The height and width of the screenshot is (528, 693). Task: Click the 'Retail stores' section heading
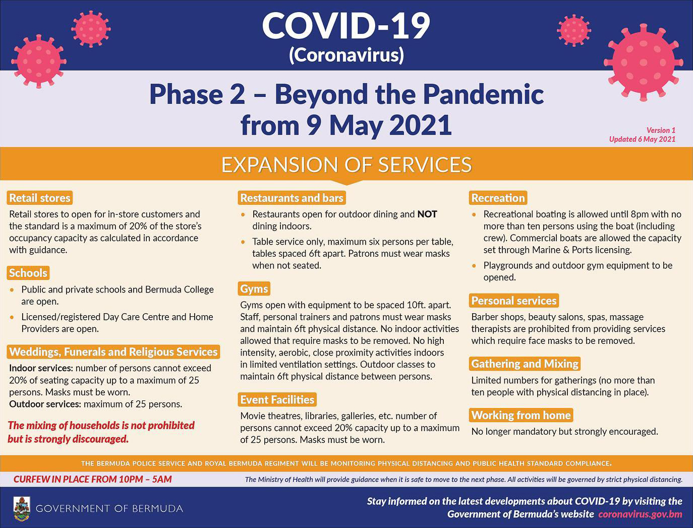coord(40,198)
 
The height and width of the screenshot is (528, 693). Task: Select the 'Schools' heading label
coord(28,273)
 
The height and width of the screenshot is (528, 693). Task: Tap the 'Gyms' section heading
coord(254,288)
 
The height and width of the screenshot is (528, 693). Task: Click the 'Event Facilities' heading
coord(277,399)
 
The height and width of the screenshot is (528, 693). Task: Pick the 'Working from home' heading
coord(521,415)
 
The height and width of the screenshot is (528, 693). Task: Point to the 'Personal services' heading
coord(513,301)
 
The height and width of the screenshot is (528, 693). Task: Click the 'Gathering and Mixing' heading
coord(525,364)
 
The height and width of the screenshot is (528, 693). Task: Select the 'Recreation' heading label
coord(498,198)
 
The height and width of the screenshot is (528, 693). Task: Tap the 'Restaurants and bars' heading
coord(292,198)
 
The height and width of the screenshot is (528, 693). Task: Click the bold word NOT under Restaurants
coord(427,214)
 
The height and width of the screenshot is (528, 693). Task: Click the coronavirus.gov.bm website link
coord(640,514)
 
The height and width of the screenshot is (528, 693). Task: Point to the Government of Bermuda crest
coord(21,508)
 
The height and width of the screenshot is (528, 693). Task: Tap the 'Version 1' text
coord(661,130)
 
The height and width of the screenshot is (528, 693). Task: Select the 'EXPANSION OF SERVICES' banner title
coord(346,165)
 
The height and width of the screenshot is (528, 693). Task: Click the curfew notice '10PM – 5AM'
coord(145,479)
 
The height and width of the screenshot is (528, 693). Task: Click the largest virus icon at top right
coord(643,62)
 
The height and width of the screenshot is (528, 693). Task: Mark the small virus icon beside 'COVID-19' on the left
coord(90,29)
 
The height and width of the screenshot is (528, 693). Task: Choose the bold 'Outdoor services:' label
coord(45,404)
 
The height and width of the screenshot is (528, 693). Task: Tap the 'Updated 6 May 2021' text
coord(642,139)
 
